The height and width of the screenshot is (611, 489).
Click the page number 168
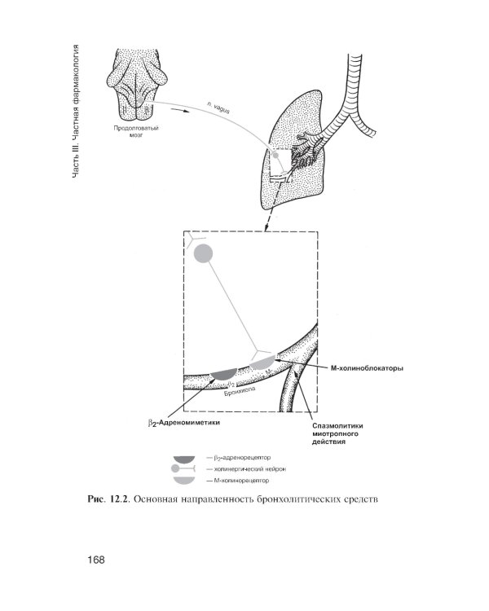coord(97,560)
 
